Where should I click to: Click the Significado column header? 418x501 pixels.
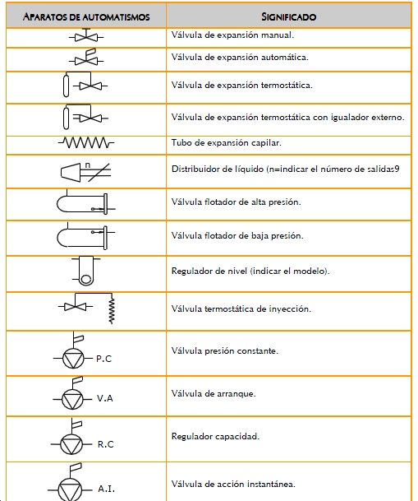[x=288, y=16]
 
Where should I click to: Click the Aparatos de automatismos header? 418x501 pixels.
[x=86, y=16]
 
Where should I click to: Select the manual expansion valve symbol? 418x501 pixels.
[x=86, y=35]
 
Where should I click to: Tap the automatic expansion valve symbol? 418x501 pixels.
[x=86, y=57]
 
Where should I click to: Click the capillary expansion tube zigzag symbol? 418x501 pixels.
[x=86, y=142]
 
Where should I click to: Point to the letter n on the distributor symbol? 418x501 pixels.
[x=88, y=165]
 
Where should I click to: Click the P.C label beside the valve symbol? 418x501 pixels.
[x=104, y=359]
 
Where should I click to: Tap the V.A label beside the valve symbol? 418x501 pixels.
[x=105, y=398]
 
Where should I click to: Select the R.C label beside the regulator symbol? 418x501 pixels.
[x=106, y=444]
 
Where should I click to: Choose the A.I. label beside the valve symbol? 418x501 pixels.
[x=107, y=489]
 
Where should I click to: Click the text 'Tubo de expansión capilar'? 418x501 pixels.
[x=226, y=143]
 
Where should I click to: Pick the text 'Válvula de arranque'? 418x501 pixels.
[x=213, y=393]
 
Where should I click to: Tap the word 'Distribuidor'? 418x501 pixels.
[x=194, y=169]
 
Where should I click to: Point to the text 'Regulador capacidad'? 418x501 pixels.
[x=215, y=437]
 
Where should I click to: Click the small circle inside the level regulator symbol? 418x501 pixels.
[x=85, y=279]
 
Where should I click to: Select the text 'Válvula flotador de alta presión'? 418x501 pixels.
[x=236, y=202]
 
